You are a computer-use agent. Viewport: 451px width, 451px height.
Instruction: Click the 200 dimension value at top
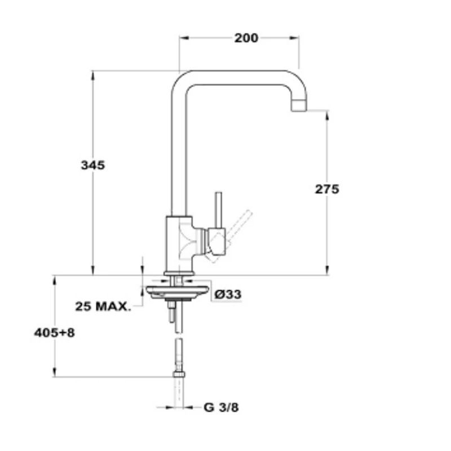[246, 38]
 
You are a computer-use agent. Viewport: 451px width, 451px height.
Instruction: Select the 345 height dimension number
[93, 165]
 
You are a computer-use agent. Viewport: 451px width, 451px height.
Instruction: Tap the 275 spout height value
[327, 189]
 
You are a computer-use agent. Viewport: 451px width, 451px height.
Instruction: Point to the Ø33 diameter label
[228, 294]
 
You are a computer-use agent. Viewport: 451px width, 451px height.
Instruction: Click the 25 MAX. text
[103, 306]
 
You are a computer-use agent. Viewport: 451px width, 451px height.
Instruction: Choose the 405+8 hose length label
[54, 333]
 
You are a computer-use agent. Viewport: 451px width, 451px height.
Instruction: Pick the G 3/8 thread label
[221, 407]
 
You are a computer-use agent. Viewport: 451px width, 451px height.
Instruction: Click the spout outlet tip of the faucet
[299, 106]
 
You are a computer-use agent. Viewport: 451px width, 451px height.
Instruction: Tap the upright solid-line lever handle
[219, 210]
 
